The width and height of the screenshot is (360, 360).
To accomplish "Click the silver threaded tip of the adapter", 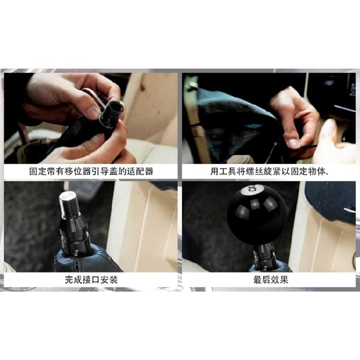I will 67,203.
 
